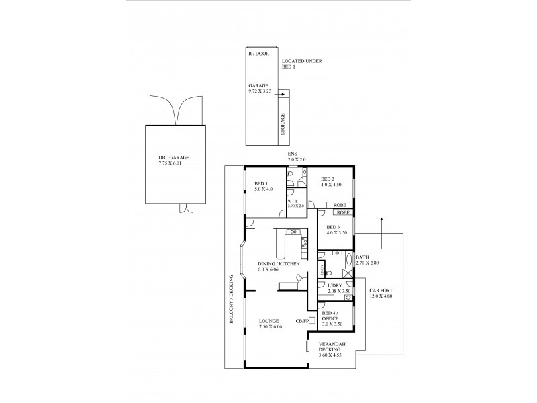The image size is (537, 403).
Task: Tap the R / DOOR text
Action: tap(257, 53)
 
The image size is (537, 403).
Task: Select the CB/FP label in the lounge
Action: tap(301, 321)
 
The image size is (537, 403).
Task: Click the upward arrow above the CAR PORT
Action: tap(381, 228)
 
